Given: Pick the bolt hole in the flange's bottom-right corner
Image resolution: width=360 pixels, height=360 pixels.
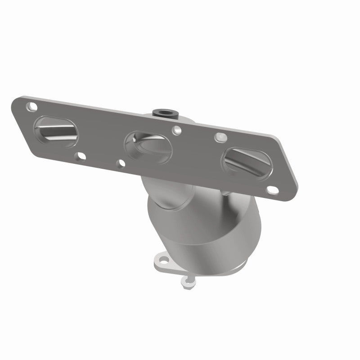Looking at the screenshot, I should click(x=272, y=190).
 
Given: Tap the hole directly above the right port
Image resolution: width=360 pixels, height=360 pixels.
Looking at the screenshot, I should click(x=219, y=135).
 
